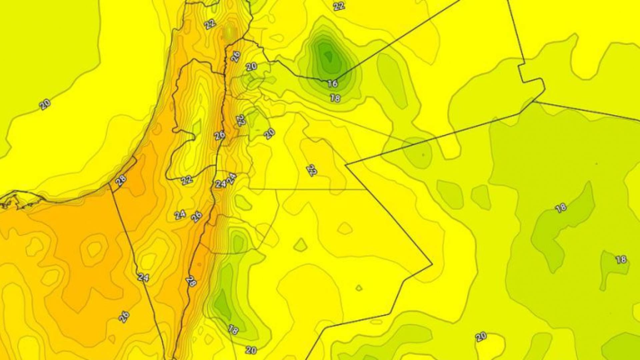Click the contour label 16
[x=332, y=83]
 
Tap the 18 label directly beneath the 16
[x=335, y=98]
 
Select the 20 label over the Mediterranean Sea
[x=45, y=104]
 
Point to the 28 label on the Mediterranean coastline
[x=121, y=180]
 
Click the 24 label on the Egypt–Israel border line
[x=143, y=277]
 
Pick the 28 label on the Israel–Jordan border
[x=191, y=281]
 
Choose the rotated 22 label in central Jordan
[x=312, y=170]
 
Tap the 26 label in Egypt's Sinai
[x=124, y=317]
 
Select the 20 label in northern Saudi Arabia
[x=481, y=337]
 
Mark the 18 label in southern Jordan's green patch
[x=233, y=329]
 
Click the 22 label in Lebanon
[x=210, y=24]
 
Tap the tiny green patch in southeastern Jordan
[x=359, y=288]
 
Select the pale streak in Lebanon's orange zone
[x=229, y=32]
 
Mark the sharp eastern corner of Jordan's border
[x=432, y=264]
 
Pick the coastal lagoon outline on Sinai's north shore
[x=20, y=200]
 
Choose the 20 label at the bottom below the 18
[x=251, y=350]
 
